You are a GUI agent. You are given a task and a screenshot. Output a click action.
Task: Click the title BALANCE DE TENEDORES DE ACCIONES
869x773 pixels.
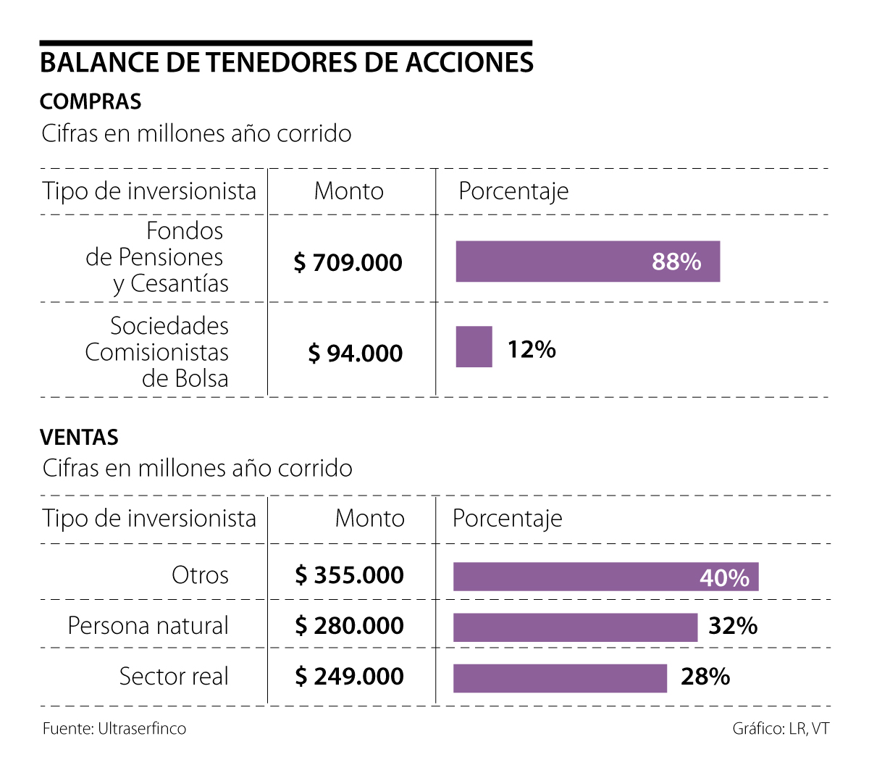coord(286,62)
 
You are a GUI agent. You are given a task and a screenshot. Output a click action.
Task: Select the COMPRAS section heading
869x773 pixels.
coord(91,101)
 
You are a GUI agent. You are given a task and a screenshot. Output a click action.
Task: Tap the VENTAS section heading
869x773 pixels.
coord(79,438)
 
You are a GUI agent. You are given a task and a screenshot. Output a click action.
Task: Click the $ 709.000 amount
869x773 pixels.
coord(348,262)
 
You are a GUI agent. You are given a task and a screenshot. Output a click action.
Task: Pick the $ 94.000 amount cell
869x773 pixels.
coord(355,354)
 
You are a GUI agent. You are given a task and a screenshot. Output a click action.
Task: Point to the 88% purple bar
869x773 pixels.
coord(587,262)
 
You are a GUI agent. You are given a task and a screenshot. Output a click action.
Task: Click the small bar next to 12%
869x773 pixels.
coord(474,347)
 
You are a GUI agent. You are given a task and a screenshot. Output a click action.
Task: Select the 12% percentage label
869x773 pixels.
coord(532,350)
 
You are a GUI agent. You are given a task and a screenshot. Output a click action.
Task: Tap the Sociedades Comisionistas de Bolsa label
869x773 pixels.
coord(157,352)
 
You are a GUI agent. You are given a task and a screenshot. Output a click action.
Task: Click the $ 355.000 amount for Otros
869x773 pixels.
coord(349,575)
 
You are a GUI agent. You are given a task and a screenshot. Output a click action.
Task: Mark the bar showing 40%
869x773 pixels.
coord(605,577)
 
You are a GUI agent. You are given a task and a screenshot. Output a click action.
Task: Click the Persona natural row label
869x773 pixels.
coord(148,626)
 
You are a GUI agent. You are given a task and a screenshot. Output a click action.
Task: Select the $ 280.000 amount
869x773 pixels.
coord(349,626)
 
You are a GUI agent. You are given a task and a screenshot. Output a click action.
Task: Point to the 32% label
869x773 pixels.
coord(733,626)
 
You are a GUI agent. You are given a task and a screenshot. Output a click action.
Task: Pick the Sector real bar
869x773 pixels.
coord(560,678)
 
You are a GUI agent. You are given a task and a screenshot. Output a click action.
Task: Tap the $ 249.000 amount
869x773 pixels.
coord(349,677)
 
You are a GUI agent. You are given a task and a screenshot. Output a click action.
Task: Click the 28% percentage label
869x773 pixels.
coord(705,677)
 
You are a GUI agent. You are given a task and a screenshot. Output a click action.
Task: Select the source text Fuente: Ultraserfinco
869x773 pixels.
coord(114,729)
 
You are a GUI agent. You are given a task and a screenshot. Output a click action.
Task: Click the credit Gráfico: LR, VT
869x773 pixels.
coord(781,729)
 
